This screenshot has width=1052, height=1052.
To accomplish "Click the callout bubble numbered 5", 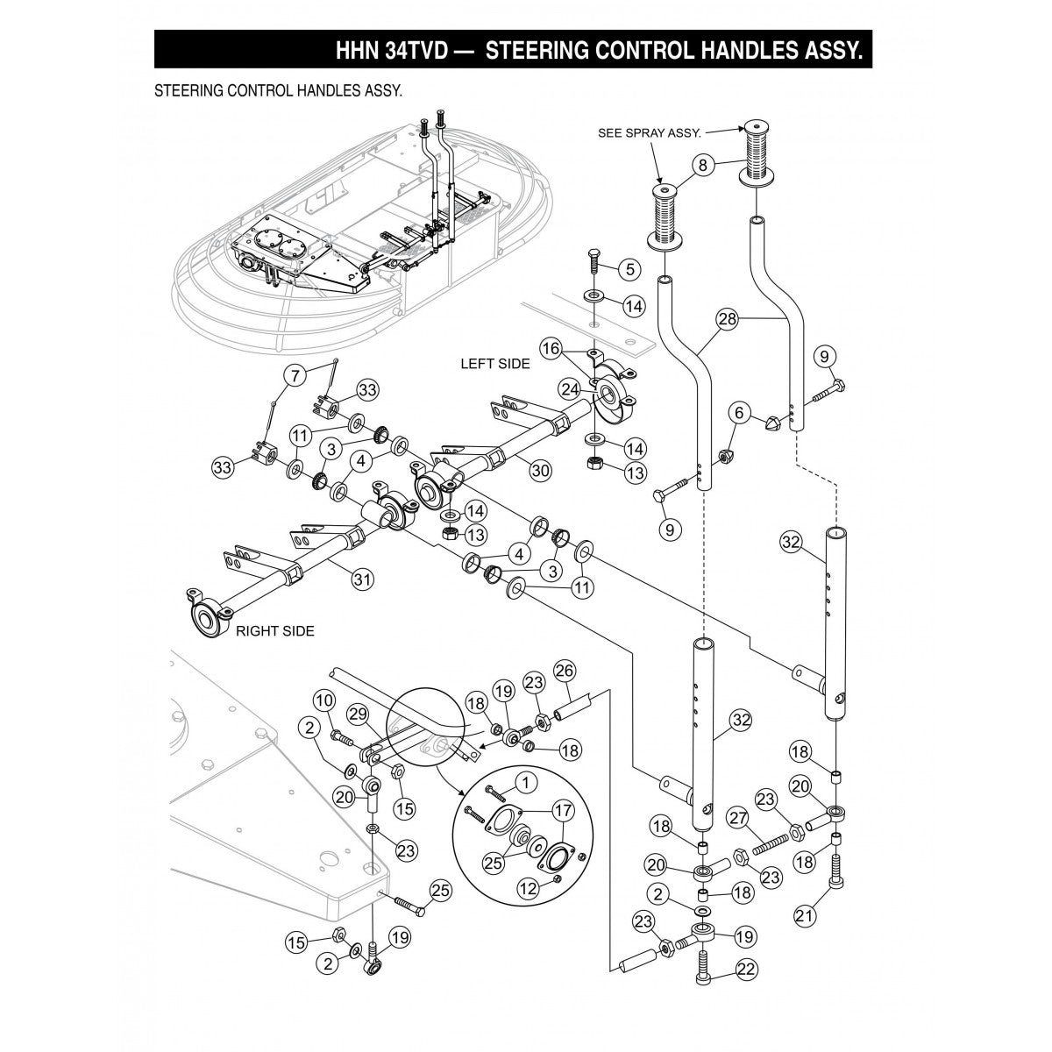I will [629, 267].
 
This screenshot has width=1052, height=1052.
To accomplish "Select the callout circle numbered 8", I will [700, 164].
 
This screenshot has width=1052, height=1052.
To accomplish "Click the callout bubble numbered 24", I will [570, 388].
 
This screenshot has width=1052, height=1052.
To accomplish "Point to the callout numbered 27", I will [736, 819].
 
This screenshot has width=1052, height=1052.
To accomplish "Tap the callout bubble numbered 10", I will [324, 700].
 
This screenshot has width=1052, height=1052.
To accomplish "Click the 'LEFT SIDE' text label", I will [495, 364].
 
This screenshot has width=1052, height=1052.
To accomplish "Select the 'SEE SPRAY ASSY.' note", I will [649, 133].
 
